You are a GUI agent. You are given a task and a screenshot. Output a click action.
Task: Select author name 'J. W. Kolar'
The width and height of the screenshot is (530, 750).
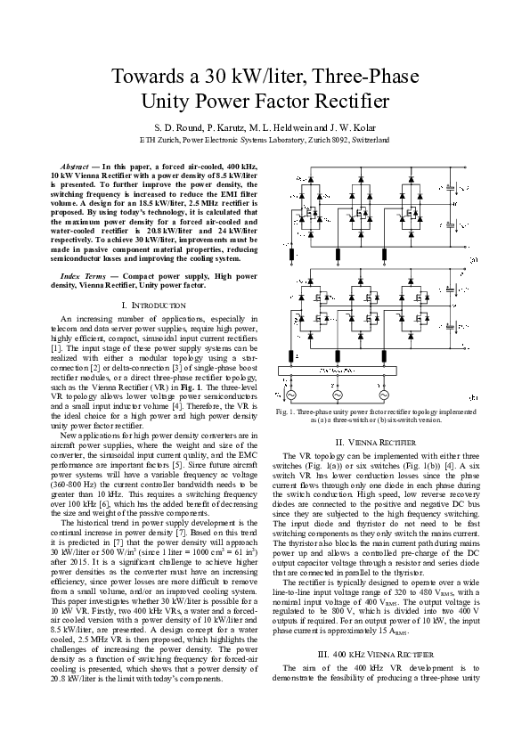click(x=358, y=126)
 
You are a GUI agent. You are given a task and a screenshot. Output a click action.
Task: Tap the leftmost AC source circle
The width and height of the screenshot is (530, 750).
click(x=291, y=394)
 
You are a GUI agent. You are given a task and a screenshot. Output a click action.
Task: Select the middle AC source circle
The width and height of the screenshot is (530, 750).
click(x=338, y=394)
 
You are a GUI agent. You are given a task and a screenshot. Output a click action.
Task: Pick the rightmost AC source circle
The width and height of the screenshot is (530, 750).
click(x=385, y=394)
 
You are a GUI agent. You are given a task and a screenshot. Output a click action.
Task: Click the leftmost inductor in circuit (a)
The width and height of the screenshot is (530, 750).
click(x=292, y=256)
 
